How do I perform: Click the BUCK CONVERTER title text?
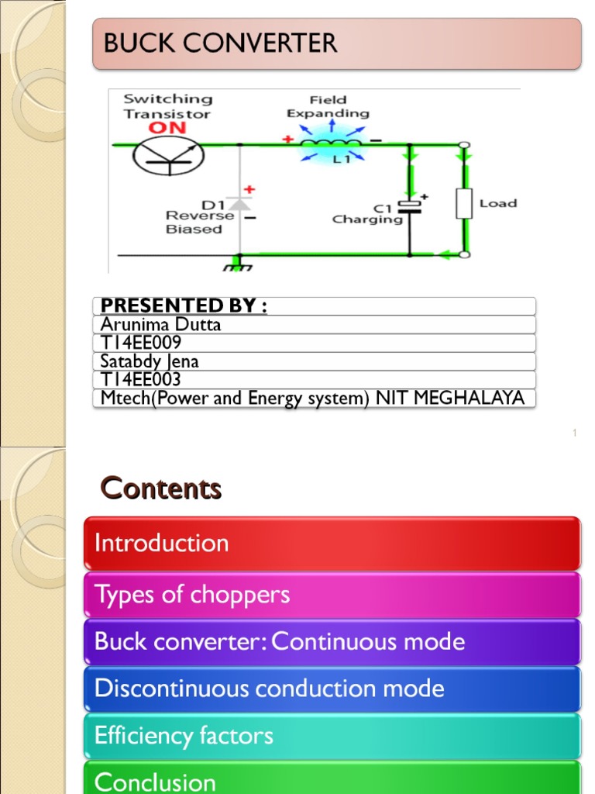click(x=220, y=43)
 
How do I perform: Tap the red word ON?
click(x=167, y=128)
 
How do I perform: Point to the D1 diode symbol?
click(x=239, y=203)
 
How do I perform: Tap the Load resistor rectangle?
click(x=464, y=203)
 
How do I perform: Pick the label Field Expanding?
click(x=328, y=106)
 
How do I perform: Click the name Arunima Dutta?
click(x=160, y=324)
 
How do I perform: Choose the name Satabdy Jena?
click(x=150, y=361)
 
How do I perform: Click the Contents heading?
click(x=161, y=488)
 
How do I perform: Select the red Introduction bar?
click(x=332, y=543)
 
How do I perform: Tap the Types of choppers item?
click(x=332, y=595)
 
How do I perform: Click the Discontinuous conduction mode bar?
click(x=332, y=689)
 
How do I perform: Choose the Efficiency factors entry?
click(x=332, y=735)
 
